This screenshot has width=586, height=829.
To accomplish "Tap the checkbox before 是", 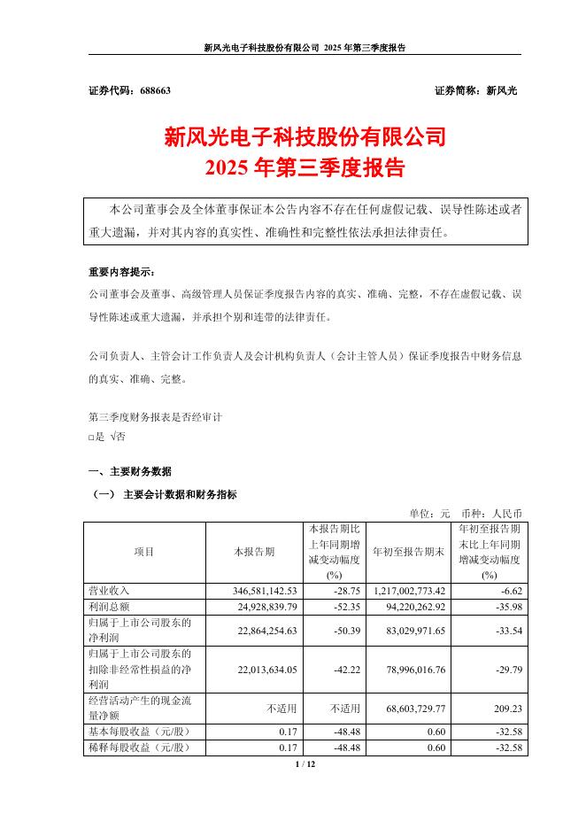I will [92, 436].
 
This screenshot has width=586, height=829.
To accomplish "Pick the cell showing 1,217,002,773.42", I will [401, 589].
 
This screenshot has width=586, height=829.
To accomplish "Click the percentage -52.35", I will [340, 605].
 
